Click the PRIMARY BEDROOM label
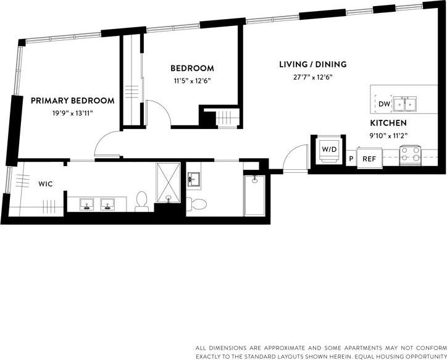pyautogui.click(x=73, y=101)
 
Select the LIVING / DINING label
pyautogui.click(x=312, y=64)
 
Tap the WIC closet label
pyautogui.click(x=46, y=183)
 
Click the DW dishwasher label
pyautogui.click(x=383, y=104)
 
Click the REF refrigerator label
pyautogui.click(x=369, y=159)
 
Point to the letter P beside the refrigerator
pyautogui.click(x=351, y=159)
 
